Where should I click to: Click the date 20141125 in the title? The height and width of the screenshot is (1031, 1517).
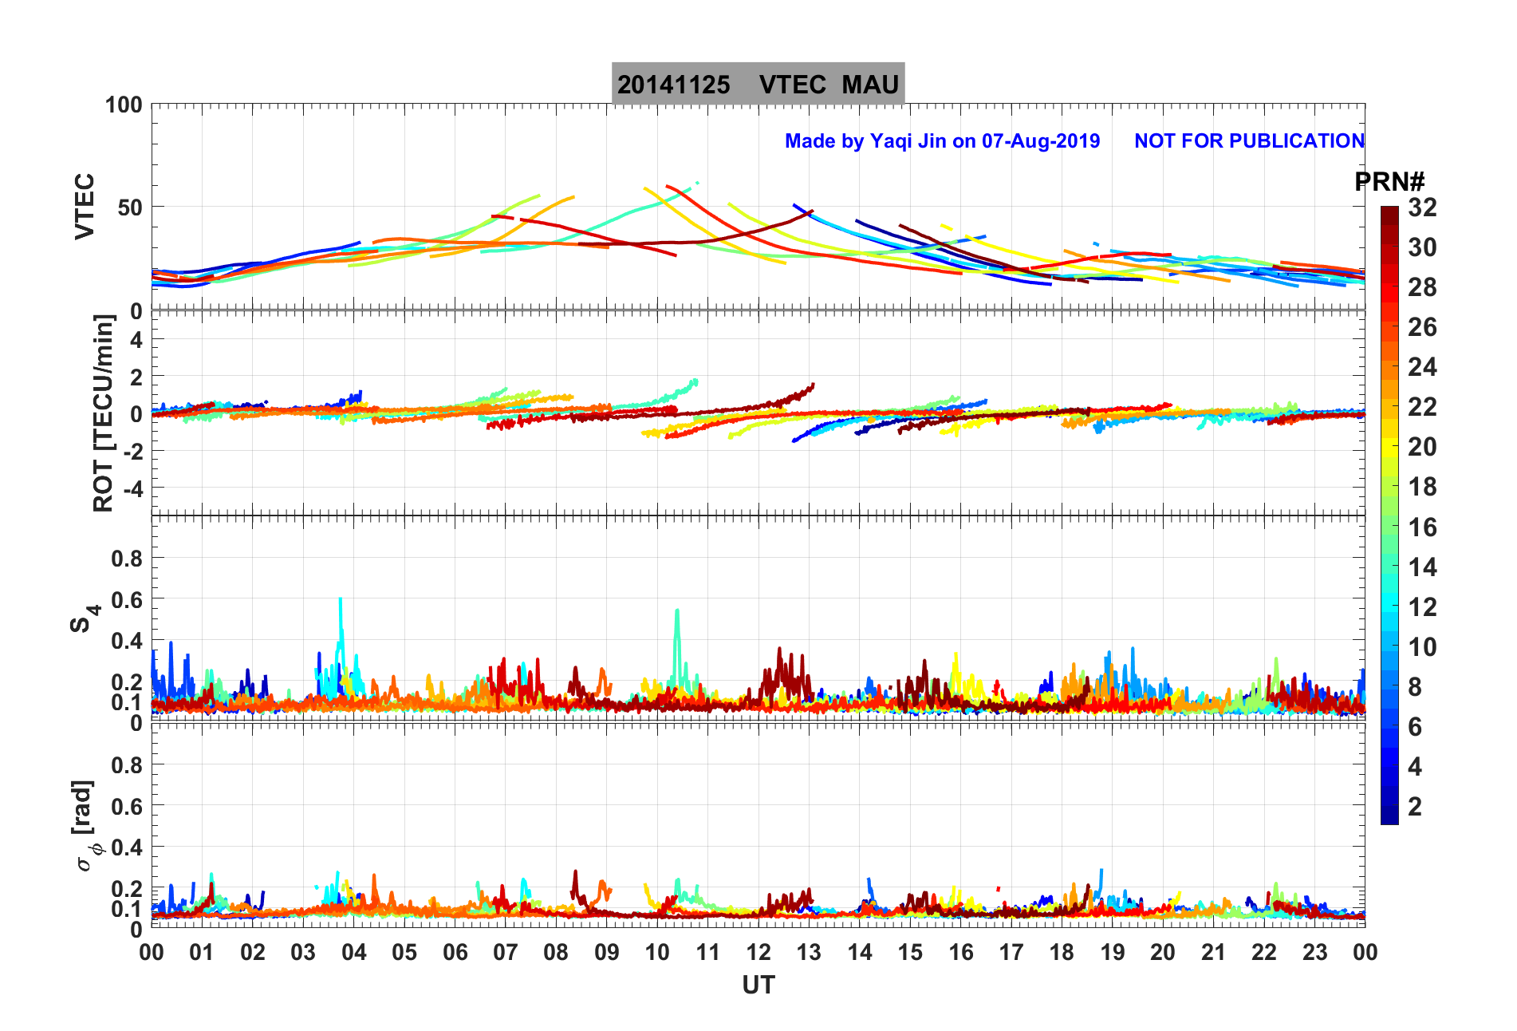pyautogui.click(x=673, y=85)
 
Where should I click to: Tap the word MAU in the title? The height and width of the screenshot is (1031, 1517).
pyautogui.click(x=870, y=85)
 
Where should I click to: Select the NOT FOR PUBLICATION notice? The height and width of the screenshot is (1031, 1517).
pyautogui.click(x=1249, y=141)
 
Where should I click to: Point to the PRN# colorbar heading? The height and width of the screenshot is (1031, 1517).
pyautogui.click(x=1389, y=182)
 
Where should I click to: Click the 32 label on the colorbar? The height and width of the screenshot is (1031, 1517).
pyautogui.click(x=1422, y=207)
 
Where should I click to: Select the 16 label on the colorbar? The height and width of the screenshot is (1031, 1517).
pyautogui.click(x=1422, y=527)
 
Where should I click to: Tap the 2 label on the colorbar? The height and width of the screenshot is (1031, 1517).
pyautogui.click(x=1415, y=806)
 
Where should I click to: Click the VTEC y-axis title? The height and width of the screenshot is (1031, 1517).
pyautogui.click(x=85, y=206)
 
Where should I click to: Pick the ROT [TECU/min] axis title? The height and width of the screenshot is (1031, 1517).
pyautogui.click(x=104, y=413)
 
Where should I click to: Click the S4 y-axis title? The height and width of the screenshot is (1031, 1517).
pyautogui.click(x=85, y=618)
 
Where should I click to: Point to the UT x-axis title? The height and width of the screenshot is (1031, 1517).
pyautogui.click(x=758, y=986)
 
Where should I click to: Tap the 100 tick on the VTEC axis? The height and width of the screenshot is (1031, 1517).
pyautogui.click(x=124, y=105)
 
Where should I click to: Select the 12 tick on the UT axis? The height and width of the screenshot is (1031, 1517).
pyautogui.click(x=758, y=952)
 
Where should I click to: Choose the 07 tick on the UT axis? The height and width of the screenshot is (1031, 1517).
pyautogui.click(x=505, y=952)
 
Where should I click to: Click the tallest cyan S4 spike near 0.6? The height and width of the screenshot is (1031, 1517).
pyautogui.click(x=341, y=600)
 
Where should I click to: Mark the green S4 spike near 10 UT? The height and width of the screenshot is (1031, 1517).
pyautogui.click(x=677, y=613)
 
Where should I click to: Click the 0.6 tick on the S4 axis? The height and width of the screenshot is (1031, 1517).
pyautogui.click(x=127, y=599)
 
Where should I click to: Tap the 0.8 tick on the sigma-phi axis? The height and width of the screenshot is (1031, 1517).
pyautogui.click(x=127, y=764)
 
